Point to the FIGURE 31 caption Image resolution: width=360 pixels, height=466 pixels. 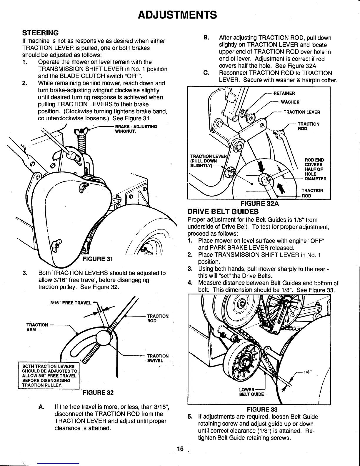pos(98,259)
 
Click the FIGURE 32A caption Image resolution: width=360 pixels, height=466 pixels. pos(259,203)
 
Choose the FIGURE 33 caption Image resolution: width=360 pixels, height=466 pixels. pos(262,409)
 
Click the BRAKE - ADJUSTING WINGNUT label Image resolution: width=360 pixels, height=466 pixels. pos(136,129)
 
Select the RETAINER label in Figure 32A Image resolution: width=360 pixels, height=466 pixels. pos(284,94)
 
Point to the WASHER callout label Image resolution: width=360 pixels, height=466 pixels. pos(290,102)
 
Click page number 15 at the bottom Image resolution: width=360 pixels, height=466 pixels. pos(180,457)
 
